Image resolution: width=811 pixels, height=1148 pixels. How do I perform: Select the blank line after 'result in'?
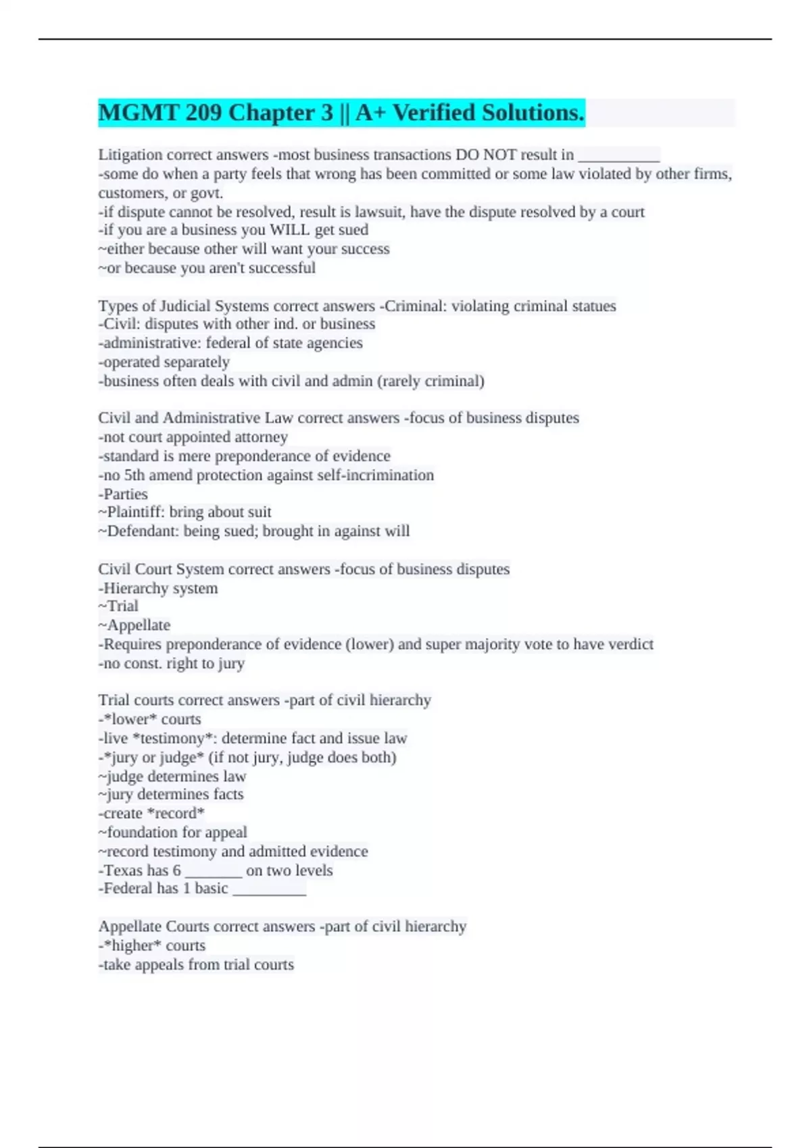click(x=619, y=157)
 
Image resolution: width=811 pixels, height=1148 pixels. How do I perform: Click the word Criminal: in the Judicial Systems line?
click(x=413, y=306)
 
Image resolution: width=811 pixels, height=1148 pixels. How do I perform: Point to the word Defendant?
click(x=139, y=531)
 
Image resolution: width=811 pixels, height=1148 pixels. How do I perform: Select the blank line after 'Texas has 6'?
click(x=213, y=872)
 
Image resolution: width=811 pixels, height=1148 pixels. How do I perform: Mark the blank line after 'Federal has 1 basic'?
click(x=269, y=891)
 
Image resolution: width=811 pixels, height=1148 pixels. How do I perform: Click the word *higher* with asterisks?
click(x=132, y=945)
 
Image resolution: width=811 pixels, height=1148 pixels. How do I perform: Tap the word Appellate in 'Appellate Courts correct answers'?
click(x=130, y=927)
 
